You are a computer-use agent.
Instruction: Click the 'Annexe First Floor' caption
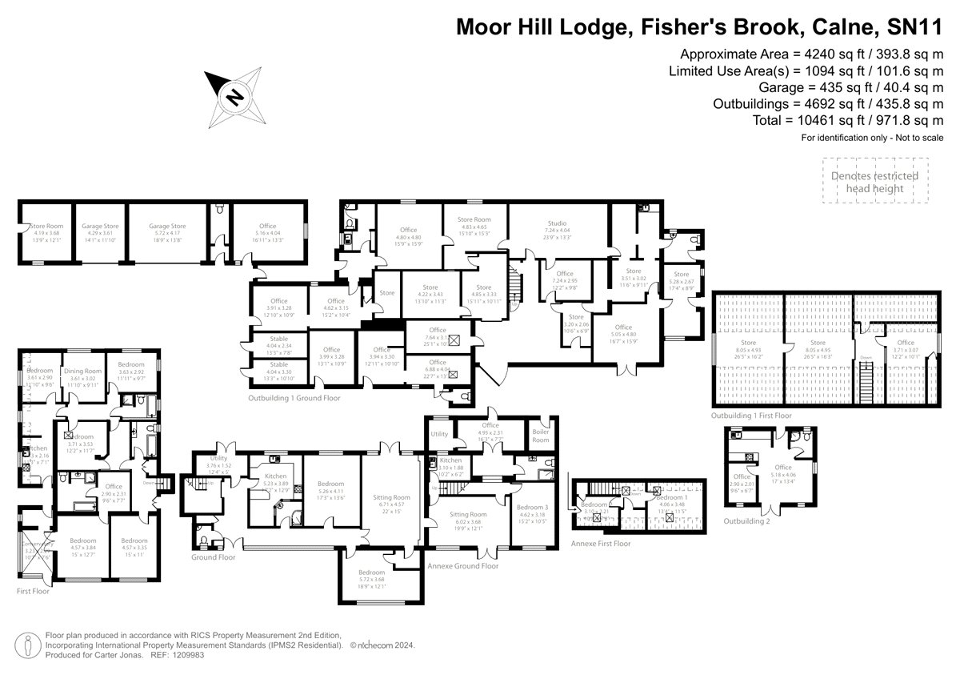point(601,543)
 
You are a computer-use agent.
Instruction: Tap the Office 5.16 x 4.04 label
point(267,231)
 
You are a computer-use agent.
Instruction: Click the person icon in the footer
point(29,644)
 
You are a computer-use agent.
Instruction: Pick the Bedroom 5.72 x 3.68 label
point(372,577)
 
